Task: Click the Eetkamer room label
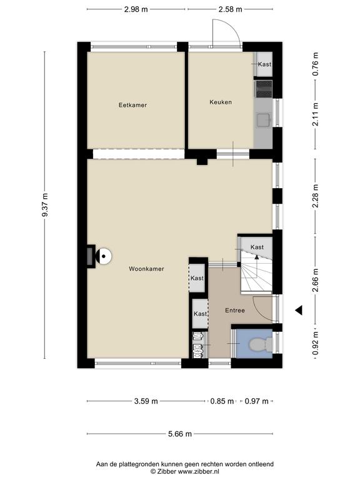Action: click(x=132, y=105)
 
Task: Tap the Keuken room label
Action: click(x=221, y=102)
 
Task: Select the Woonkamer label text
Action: click(x=146, y=269)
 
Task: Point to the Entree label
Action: click(x=235, y=311)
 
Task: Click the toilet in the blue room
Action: click(x=260, y=345)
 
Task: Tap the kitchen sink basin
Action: click(x=263, y=120)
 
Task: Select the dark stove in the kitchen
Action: click(x=264, y=89)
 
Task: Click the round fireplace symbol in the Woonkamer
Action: click(x=104, y=256)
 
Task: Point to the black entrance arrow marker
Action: click(x=299, y=310)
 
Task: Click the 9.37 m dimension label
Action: click(x=45, y=205)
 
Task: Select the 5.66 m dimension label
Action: click(x=180, y=434)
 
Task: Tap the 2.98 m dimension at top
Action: click(x=136, y=9)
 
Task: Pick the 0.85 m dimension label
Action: click(x=222, y=401)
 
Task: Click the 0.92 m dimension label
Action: click(x=316, y=344)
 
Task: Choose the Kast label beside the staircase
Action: click(x=257, y=247)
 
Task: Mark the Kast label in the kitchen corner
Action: click(x=264, y=64)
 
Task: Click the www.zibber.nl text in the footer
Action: click(x=199, y=472)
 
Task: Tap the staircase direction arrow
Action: click(x=256, y=266)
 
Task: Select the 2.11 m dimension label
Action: click(x=316, y=114)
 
